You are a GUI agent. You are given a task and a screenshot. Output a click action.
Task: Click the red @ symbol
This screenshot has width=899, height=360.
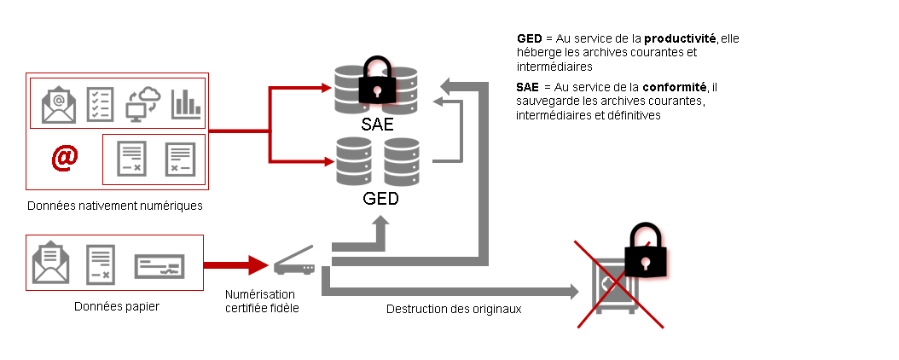tap(66, 159)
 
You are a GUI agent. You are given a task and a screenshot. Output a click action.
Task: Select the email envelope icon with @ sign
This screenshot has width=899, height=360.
tap(59, 104)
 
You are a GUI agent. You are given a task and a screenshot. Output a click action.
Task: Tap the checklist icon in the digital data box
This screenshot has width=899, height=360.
tap(101, 104)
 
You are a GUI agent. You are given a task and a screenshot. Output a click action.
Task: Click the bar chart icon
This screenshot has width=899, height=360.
tap(185, 103)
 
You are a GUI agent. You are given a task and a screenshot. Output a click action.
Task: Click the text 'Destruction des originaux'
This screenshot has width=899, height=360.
tap(454, 309)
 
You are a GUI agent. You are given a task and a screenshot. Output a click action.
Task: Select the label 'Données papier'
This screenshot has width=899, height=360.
tap(116, 306)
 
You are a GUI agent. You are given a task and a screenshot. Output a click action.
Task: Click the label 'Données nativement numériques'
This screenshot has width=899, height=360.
tap(114, 206)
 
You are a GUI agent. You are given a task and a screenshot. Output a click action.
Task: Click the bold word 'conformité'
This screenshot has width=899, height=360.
tap(676, 87)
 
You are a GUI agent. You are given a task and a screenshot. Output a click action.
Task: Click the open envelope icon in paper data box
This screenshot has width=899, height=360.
tap(50, 263)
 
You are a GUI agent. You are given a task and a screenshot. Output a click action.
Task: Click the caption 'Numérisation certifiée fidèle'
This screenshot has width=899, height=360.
tap(262, 301)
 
